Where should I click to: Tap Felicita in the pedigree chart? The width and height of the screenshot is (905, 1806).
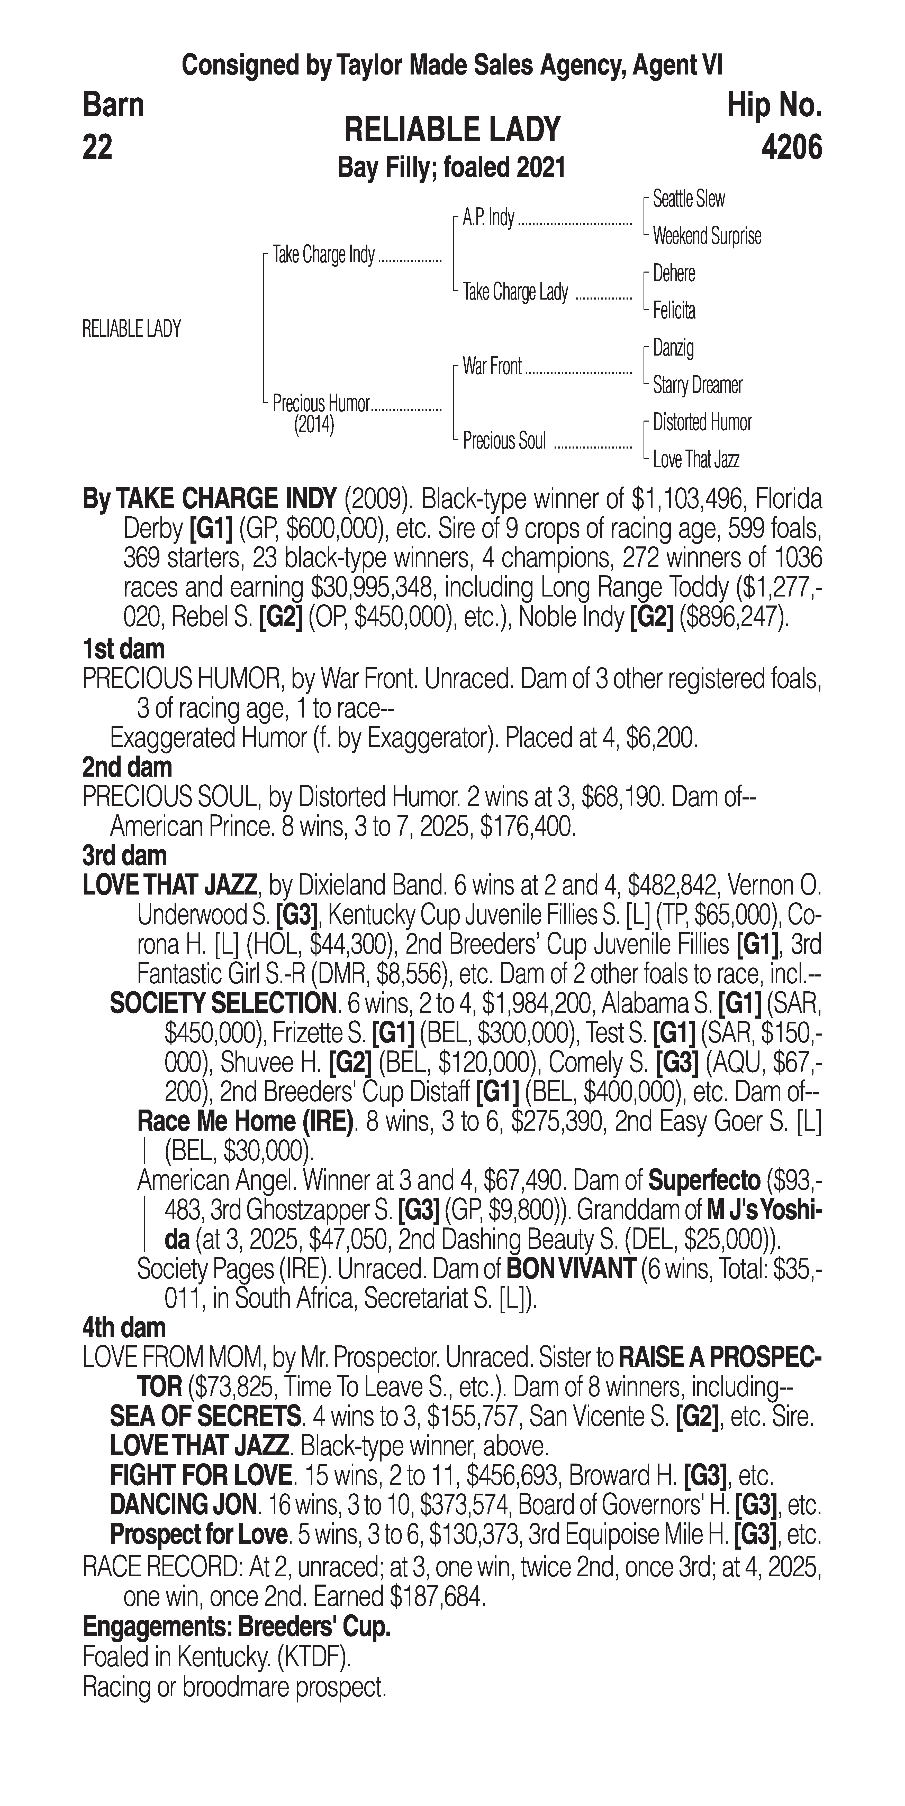pos(674,311)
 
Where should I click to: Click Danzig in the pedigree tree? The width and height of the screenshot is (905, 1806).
pos(673,348)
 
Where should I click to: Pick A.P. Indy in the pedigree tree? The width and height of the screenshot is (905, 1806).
pos(488,218)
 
